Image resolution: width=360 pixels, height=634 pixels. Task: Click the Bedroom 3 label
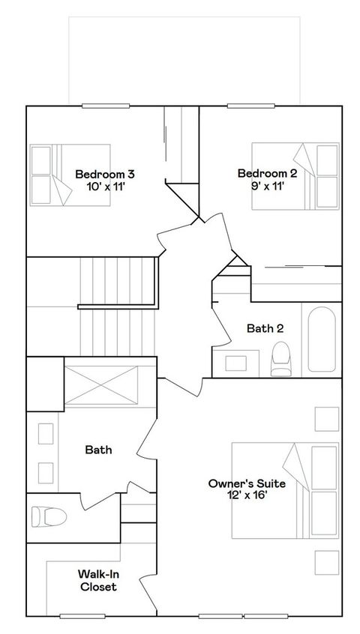tap(105, 174)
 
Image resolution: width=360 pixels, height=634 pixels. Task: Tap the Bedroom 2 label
tap(268, 174)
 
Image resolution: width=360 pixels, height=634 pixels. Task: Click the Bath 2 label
tap(265, 327)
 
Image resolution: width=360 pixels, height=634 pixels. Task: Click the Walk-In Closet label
tap(98, 581)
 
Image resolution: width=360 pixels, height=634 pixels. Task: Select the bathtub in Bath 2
tap(323, 339)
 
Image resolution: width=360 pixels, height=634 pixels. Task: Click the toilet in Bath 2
tap(281, 358)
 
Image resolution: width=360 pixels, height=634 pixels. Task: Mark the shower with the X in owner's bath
tap(100, 383)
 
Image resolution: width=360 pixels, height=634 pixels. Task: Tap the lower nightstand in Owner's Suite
tap(326, 561)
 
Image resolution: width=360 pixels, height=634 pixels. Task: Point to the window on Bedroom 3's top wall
tap(102, 106)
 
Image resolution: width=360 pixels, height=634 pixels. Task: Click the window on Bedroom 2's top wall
tap(248, 106)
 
